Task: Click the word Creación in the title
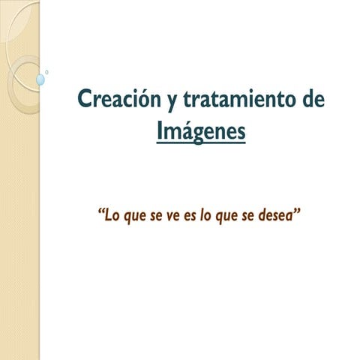pyautogui.click(x=119, y=99)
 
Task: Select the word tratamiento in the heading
pyautogui.click(x=239, y=99)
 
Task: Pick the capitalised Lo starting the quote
pyautogui.click(x=112, y=215)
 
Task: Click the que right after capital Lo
pyautogui.click(x=135, y=217)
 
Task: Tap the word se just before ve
pyautogui.click(x=156, y=217)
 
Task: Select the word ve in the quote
pyautogui.click(x=173, y=217)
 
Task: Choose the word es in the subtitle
pyautogui.click(x=190, y=217)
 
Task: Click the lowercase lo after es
pyautogui.click(x=205, y=215)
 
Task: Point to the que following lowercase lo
pyautogui.click(x=226, y=217)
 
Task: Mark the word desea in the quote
pyautogui.click(x=276, y=215)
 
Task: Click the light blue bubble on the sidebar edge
pyautogui.click(x=40, y=79)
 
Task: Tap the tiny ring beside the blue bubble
pyautogui.click(x=46, y=73)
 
